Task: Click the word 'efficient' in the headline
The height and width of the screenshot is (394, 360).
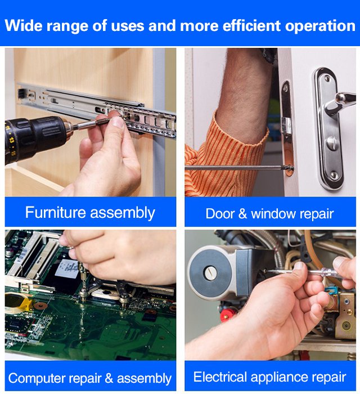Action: [251, 26]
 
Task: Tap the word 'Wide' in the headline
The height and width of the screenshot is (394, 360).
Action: [20, 26]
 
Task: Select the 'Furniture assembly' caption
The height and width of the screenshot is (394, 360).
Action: [90, 213]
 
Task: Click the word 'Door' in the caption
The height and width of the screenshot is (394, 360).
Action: [220, 214]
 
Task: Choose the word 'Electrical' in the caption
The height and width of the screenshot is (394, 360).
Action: [220, 377]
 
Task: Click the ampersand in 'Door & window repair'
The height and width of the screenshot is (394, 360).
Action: [242, 214]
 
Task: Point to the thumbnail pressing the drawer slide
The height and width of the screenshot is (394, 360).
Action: [116, 122]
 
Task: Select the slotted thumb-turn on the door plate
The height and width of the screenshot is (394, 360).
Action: [332, 143]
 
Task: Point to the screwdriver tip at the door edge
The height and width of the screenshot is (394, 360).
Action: [290, 168]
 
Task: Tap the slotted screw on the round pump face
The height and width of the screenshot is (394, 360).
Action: [210, 273]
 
